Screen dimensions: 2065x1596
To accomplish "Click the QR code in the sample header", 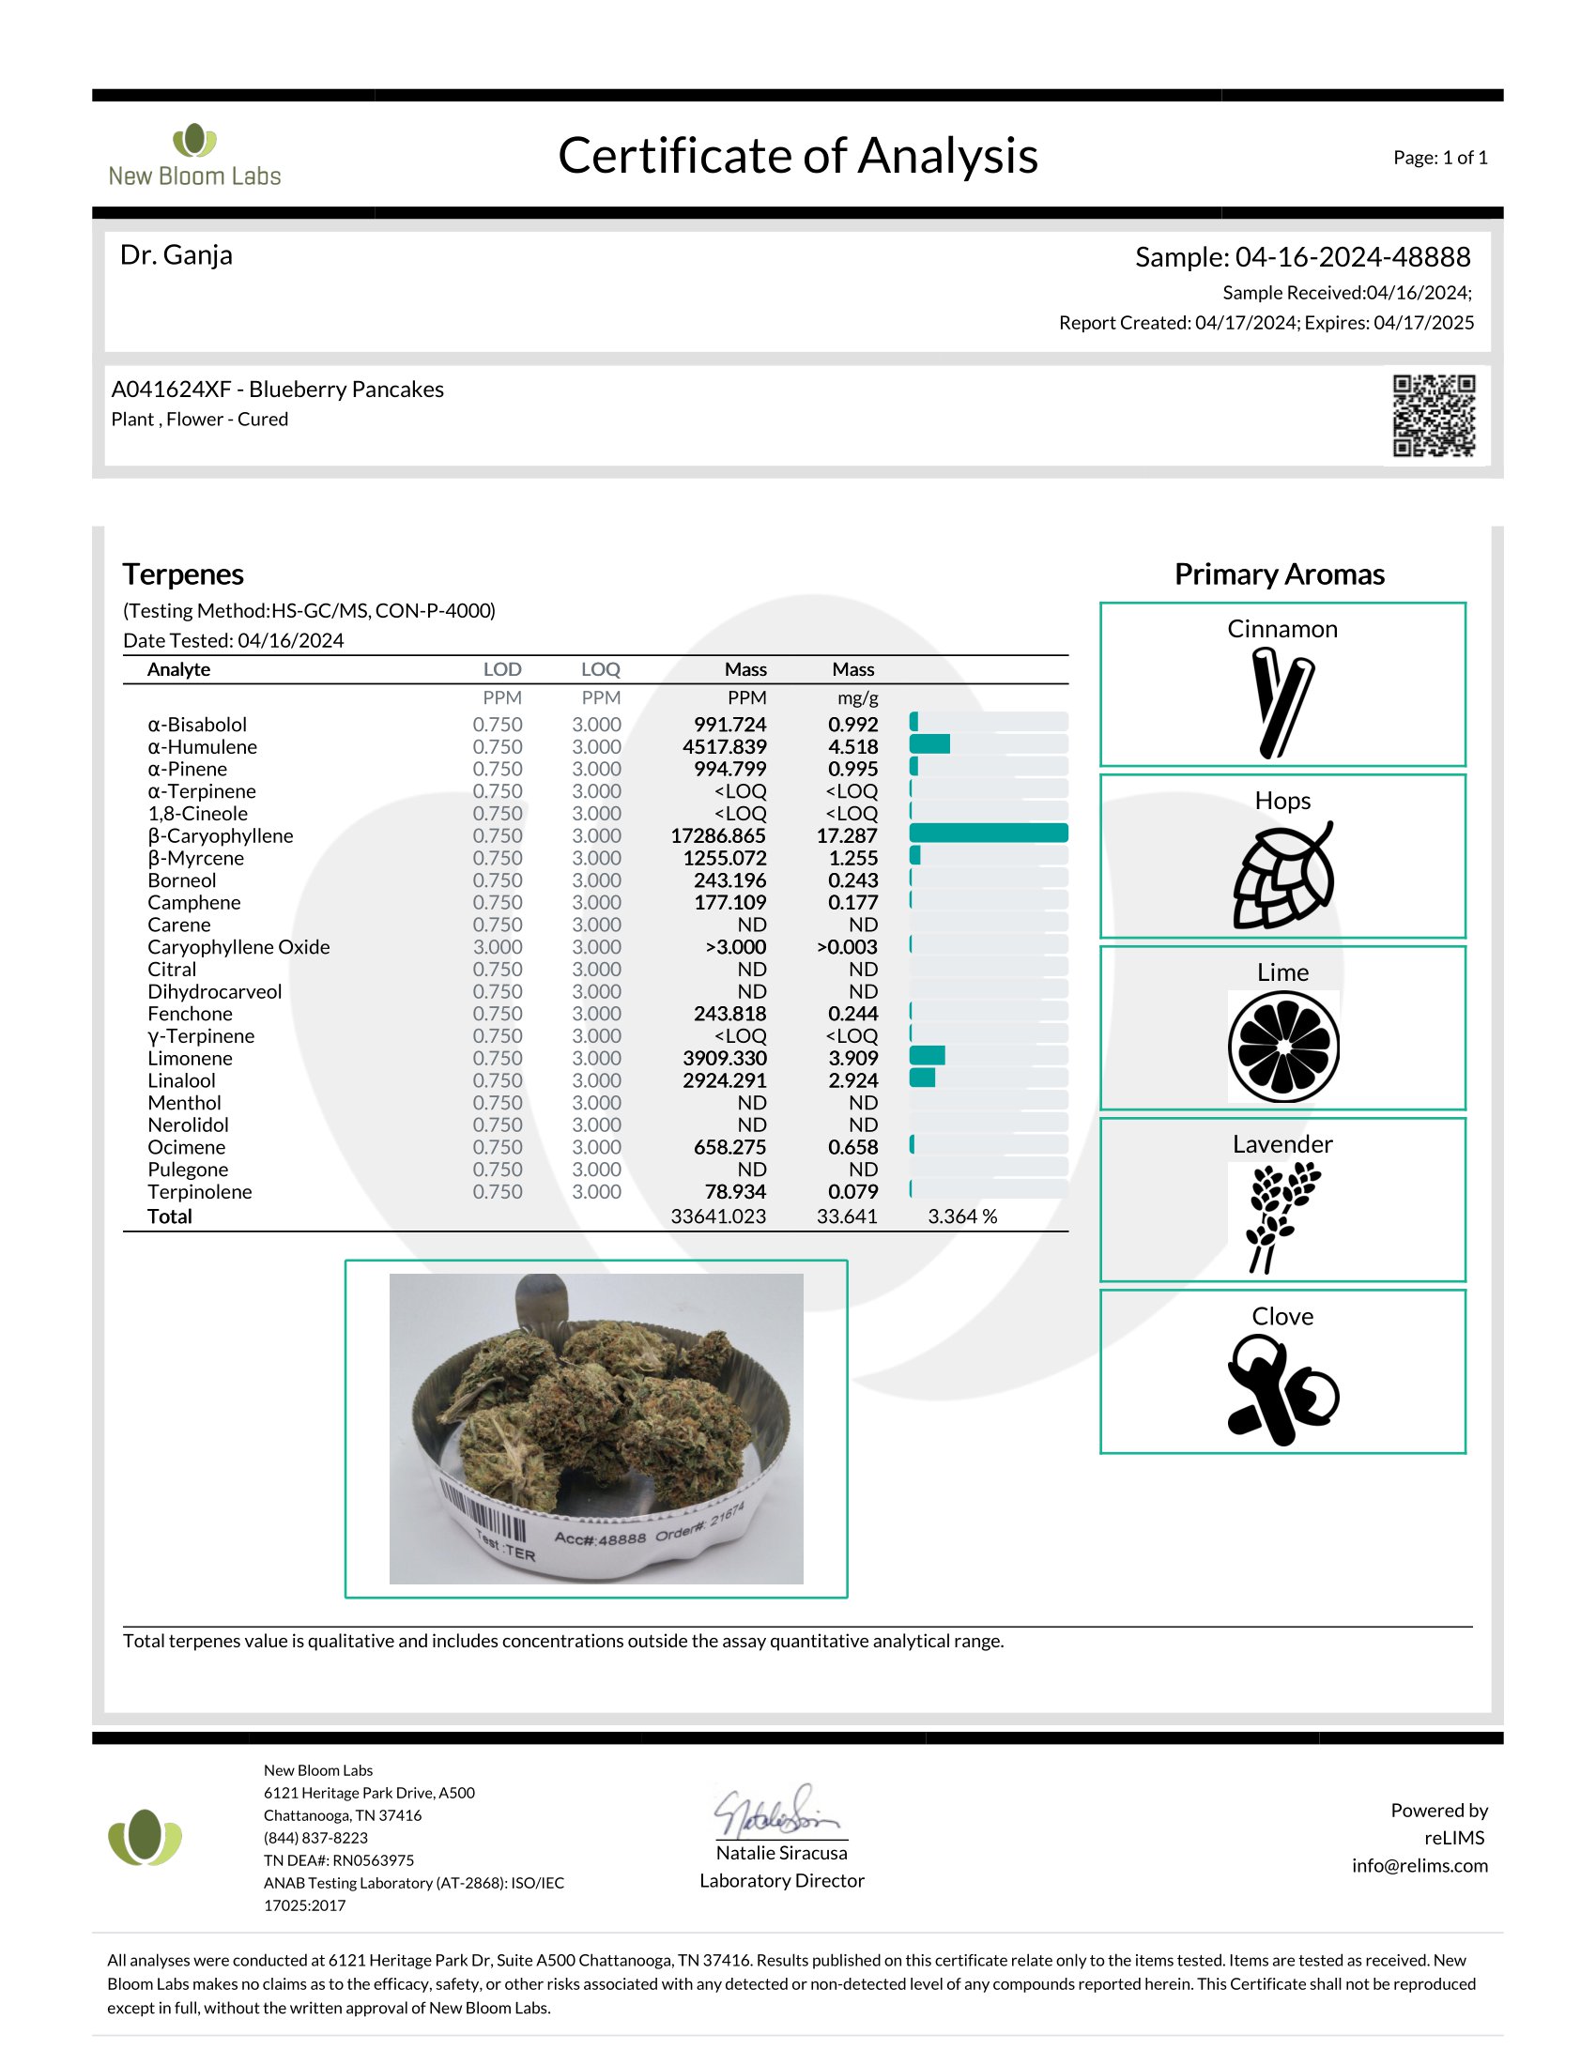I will coord(1434,416).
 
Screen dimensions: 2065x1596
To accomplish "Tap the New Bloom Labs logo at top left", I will coord(194,155).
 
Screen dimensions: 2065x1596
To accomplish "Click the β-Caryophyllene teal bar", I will coord(988,833).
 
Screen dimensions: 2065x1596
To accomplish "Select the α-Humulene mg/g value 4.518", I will coord(852,747).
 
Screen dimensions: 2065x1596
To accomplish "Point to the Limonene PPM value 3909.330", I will coord(724,1058).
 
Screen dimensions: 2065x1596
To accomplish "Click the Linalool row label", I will coord(181,1080).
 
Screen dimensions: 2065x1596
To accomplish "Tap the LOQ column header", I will coord(601,669).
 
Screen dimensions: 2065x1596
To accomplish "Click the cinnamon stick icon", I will coord(1281,702).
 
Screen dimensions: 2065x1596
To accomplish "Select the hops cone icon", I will coord(1282,876).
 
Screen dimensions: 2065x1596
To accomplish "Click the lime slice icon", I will coord(1283,1047).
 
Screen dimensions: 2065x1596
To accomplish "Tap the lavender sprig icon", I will coord(1281,1216).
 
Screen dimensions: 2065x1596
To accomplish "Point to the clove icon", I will coord(1281,1391).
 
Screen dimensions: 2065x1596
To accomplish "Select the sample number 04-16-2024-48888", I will coord(1352,257).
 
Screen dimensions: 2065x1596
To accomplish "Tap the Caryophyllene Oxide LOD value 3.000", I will coord(498,947).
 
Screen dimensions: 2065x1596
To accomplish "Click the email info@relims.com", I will coord(1419,1865).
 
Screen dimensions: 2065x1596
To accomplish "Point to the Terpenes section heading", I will coord(183,574).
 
